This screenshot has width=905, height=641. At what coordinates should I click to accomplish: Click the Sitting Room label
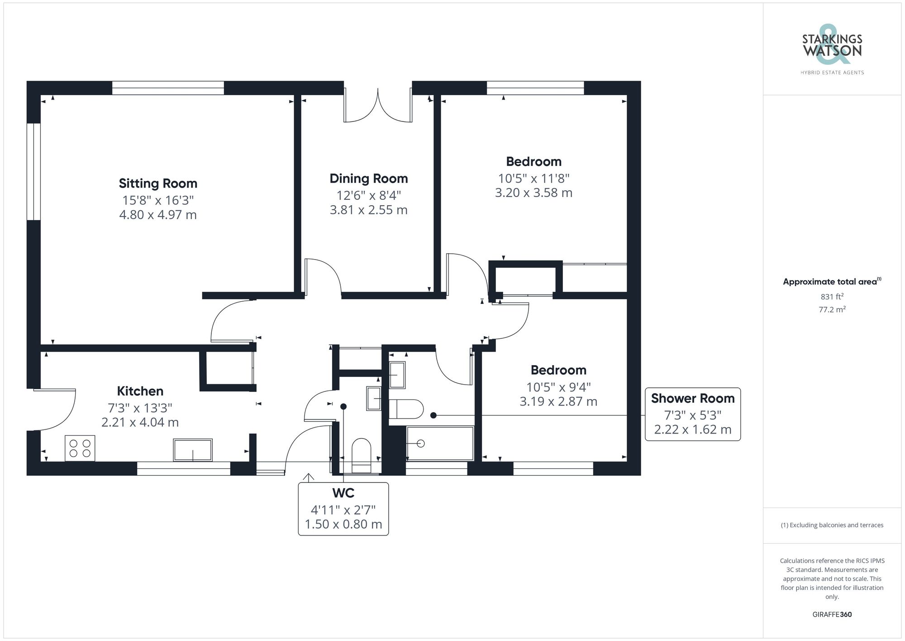point(158,183)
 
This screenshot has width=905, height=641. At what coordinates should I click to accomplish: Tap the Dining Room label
point(368,178)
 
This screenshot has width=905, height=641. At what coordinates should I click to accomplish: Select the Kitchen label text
point(140,391)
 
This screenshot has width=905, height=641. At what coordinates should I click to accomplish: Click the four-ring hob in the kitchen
point(80,448)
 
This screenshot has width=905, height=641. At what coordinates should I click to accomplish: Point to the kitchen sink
point(193,449)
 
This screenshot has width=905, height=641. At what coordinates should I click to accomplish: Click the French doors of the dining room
point(378,106)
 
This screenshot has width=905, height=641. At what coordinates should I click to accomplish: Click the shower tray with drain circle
point(439,443)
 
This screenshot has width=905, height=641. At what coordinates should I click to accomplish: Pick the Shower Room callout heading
point(692,399)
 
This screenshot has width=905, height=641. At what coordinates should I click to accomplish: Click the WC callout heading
point(343,493)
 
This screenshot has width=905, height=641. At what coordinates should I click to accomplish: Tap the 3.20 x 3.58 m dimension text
point(533,193)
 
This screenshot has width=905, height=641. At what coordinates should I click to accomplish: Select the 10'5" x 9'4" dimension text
point(558,387)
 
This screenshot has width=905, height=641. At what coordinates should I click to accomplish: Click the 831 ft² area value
point(832,297)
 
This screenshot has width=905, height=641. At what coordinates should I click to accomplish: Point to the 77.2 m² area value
point(832,310)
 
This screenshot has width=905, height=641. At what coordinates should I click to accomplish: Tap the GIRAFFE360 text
point(832,615)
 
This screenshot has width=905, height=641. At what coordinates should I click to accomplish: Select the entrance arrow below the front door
point(308,477)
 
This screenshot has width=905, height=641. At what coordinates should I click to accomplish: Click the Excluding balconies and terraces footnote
point(832,525)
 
